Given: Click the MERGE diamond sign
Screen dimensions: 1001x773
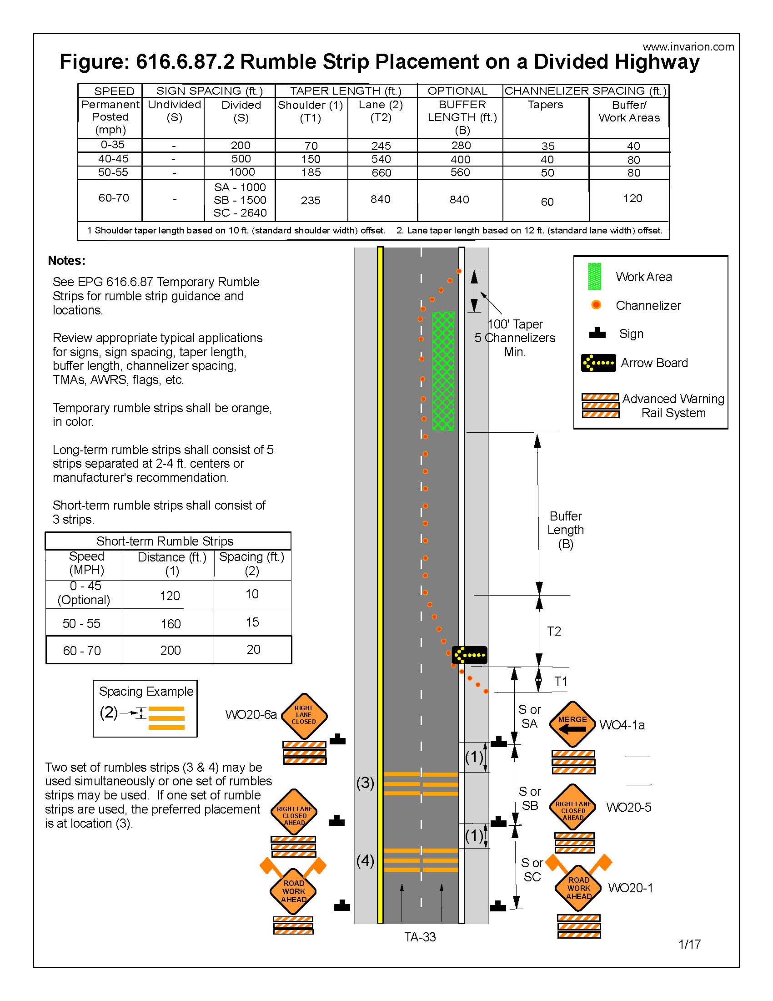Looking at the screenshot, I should tap(572, 724).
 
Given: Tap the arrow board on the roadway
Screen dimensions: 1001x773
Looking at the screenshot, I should tap(469, 655).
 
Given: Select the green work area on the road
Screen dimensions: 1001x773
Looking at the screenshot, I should tap(443, 371).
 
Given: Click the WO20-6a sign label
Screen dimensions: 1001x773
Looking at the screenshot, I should tap(251, 714).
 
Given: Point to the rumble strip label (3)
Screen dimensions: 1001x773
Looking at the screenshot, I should tap(365, 783).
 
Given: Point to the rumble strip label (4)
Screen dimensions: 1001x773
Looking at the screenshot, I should tap(365, 860).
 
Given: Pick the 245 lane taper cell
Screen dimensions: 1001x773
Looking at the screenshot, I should tap(381, 146).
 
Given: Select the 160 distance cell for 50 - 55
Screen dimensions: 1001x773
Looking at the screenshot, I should tap(171, 623).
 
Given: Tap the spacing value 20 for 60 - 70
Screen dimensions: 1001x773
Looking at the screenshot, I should tap(253, 649).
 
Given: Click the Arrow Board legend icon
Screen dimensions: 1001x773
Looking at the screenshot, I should tap(598, 363).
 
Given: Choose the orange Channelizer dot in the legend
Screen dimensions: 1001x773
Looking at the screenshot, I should tap(596, 305).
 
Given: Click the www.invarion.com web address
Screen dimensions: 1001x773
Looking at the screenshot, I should tap(688, 47).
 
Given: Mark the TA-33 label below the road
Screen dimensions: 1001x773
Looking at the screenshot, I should tap(420, 937).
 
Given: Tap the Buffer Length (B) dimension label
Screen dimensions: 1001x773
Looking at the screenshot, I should tap(566, 530).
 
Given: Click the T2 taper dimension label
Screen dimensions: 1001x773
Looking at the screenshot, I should tap(554, 631).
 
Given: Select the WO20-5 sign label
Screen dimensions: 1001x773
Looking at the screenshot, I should tap(628, 807).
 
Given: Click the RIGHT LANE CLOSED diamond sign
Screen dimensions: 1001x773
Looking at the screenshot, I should tap(304, 715).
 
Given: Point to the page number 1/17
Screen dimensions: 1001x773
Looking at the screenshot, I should tap(689, 944).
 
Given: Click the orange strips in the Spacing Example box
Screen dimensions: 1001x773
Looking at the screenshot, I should tap(166, 718).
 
